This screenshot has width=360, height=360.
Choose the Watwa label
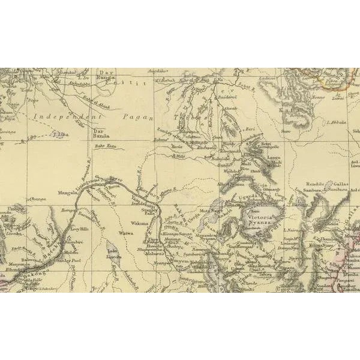tap(126, 233)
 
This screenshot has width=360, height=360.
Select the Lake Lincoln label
tap(113, 254)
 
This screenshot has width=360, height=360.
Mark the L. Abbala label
tap(337, 122)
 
